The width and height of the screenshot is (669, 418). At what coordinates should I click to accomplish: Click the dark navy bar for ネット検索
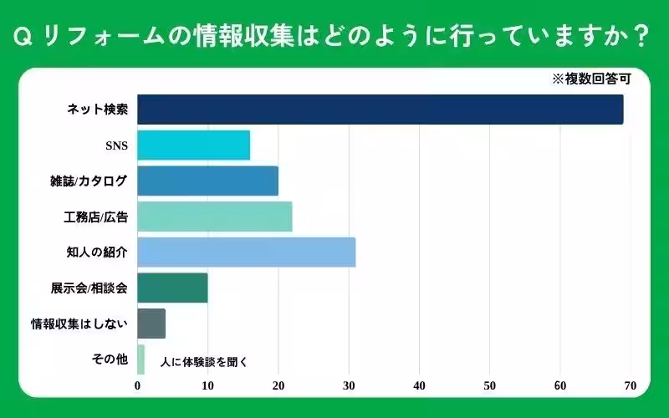380,110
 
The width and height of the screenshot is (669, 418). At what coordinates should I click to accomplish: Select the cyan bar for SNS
193,145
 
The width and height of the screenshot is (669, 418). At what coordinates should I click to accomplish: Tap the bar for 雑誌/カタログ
207,181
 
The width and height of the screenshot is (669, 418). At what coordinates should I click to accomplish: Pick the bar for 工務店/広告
215,217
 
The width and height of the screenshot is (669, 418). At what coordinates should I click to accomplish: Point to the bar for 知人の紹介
247,252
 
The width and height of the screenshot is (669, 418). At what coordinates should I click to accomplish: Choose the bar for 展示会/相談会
172,288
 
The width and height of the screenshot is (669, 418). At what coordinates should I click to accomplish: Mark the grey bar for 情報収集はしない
151,324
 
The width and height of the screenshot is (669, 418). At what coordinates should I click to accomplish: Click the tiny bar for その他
140,359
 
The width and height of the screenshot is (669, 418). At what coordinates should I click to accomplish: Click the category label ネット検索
97,110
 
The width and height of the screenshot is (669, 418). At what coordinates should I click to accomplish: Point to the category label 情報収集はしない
79,324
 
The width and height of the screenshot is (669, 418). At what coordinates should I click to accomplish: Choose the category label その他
110,359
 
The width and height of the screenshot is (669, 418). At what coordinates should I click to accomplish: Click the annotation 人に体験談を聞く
199,362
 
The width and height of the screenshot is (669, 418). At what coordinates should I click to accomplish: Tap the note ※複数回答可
590,80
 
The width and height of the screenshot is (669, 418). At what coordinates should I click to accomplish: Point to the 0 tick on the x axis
138,386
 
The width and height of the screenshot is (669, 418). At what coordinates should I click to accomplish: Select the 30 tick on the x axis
349,386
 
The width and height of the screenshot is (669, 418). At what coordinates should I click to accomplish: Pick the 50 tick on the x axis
490,386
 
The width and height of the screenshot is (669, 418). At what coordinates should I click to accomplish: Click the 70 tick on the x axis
631,386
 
